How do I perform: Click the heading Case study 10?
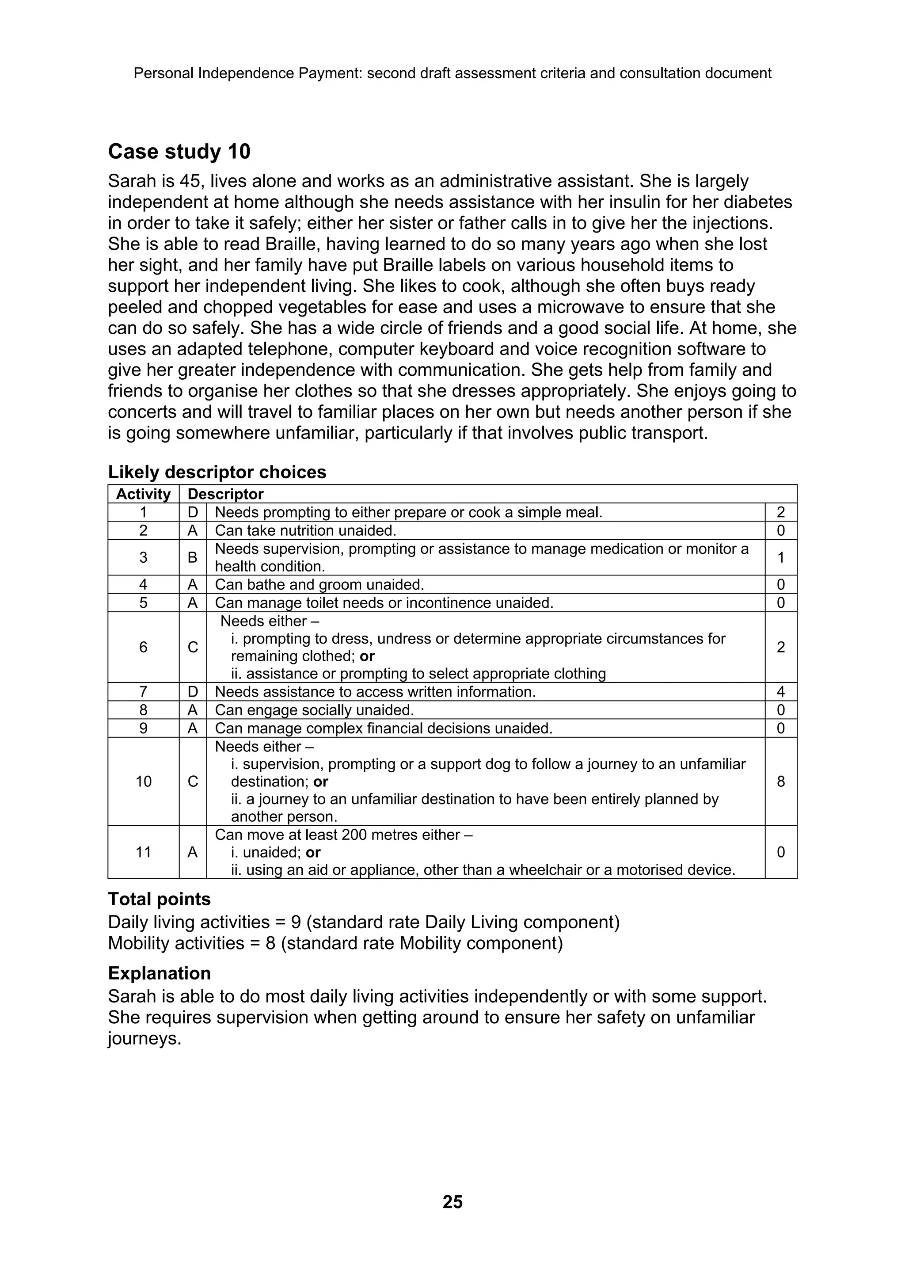tap(179, 152)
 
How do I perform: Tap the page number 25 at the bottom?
tap(452, 1201)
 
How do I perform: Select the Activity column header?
tap(143, 494)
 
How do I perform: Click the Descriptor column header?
tap(225, 494)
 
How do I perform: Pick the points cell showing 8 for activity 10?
tap(781, 782)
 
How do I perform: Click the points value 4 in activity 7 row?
tap(781, 692)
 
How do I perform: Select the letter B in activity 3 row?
tap(192, 557)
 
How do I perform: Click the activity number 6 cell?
tap(143, 647)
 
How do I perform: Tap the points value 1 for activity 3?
tap(781, 557)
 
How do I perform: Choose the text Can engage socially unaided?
tap(315, 710)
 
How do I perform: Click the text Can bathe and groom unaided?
tap(319, 585)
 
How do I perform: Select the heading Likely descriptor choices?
tap(217, 472)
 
